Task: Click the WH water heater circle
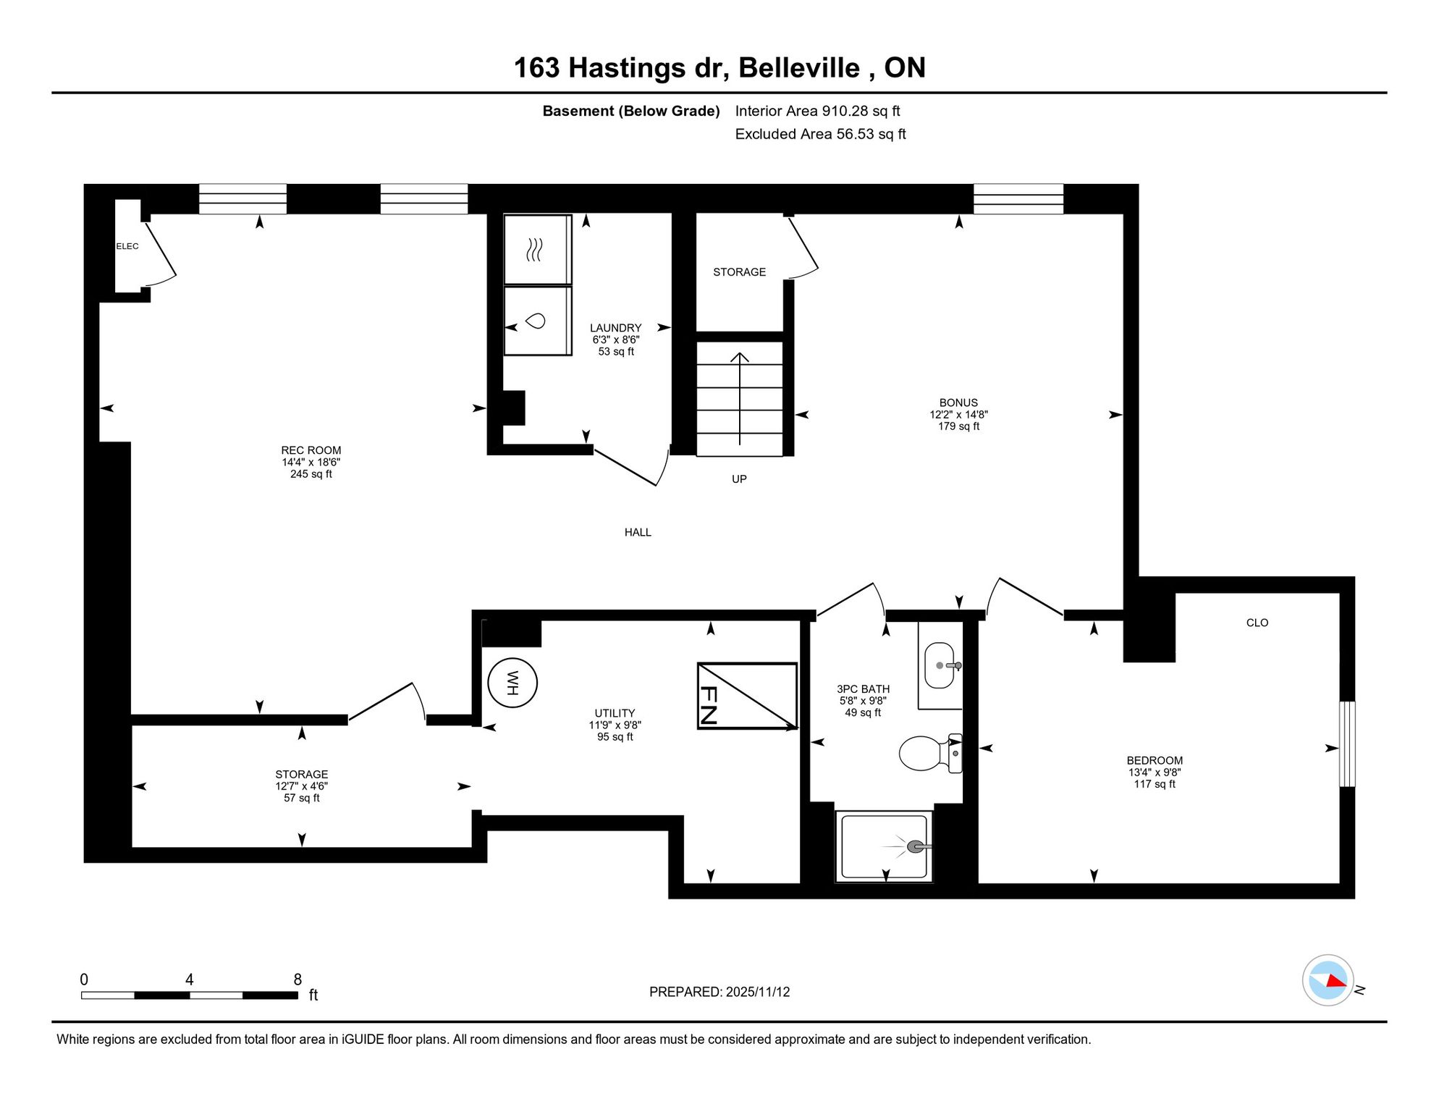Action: [x=512, y=683]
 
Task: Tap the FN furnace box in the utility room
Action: [x=747, y=696]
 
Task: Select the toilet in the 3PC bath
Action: [x=930, y=753]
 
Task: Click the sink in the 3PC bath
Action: [x=942, y=665]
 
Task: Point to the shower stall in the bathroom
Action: [x=884, y=846]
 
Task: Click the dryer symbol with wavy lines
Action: [x=537, y=250]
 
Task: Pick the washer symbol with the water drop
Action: [x=537, y=321]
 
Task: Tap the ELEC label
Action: [x=127, y=246]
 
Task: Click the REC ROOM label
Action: [x=311, y=450]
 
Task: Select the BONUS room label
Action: [x=958, y=403]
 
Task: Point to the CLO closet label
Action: [x=1257, y=623]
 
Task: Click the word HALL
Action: [x=638, y=532]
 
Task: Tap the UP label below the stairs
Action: [x=739, y=479]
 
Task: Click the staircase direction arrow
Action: [x=740, y=398]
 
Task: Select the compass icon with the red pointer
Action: [x=1328, y=980]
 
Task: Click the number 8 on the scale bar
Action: [x=297, y=980]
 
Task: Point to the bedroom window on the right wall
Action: [x=1347, y=744]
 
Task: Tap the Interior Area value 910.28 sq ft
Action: [x=861, y=111]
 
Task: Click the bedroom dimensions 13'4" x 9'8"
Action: [x=1155, y=772]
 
